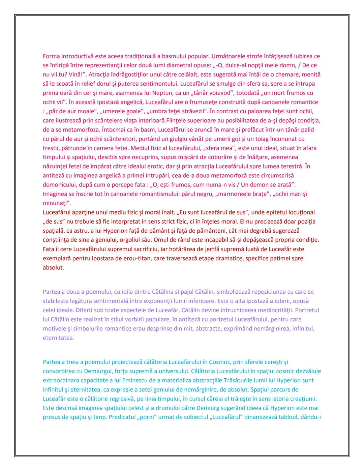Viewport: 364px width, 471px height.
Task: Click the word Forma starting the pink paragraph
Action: pos(51,56)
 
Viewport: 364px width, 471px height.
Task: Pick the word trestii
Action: pos(51,148)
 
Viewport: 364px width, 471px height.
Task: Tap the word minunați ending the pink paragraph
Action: pos(56,203)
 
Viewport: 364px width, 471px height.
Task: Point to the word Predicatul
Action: pos(123,417)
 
